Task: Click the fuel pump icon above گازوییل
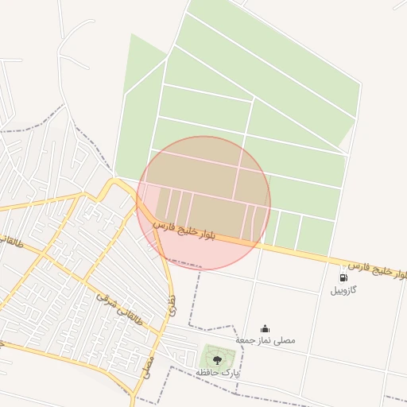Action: coord(343,277)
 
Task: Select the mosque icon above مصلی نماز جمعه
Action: coord(265,328)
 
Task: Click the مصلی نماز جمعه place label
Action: coord(266,340)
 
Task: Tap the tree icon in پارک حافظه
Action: coord(218,360)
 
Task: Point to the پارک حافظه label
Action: coord(218,372)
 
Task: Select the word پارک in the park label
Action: coord(231,372)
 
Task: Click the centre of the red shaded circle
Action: coord(204,203)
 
